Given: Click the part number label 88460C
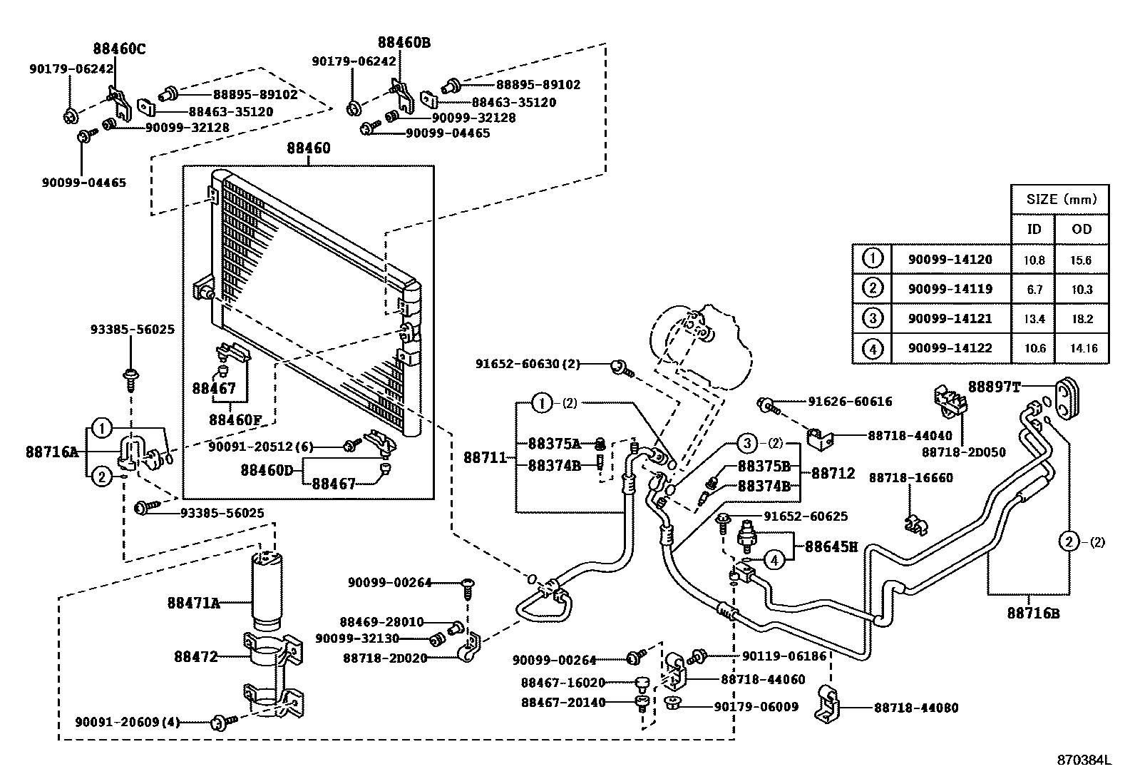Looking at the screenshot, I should pyautogui.click(x=119, y=49).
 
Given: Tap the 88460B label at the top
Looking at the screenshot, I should pyautogui.click(x=404, y=42).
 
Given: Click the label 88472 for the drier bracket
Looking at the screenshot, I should pyautogui.click(x=196, y=656).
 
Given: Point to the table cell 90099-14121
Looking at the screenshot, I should pyautogui.click(x=950, y=319).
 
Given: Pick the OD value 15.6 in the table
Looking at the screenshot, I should pyautogui.click(x=1081, y=260).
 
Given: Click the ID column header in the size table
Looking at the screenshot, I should pyautogui.click(x=1033, y=229).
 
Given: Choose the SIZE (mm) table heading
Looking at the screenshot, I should pyautogui.click(x=1062, y=199).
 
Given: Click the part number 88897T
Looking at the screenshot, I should pyautogui.click(x=994, y=387).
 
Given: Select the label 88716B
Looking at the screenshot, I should pyautogui.click(x=1033, y=612).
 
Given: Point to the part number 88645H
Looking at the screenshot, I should pyautogui.click(x=831, y=546).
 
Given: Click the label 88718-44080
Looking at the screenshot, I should pyautogui.click(x=916, y=708).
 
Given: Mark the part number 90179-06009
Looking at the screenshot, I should pyautogui.click(x=756, y=707).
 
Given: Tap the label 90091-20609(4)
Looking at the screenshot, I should pyautogui.click(x=127, y=723).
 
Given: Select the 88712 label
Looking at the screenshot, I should pyautogui.click(x=833, y=473).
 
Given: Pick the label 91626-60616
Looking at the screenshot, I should pyautogui.click(x=850, y=402).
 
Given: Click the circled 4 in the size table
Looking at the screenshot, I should pyautogui.click(x=872, y=349).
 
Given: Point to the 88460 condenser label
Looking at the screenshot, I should pyautogui.click(x=309, y=148).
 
